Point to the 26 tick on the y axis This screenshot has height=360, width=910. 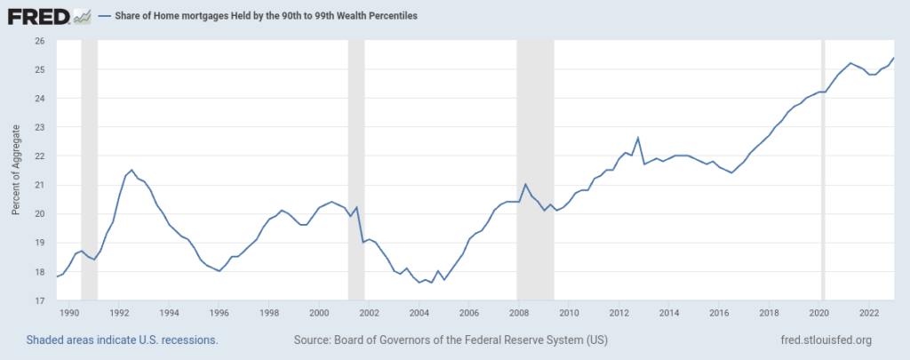point(39,41)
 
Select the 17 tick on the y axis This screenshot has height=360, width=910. point(39,300)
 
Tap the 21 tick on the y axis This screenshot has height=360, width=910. point(39,185)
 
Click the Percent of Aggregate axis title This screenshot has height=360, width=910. point(16,171)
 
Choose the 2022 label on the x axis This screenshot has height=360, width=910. point(869,313)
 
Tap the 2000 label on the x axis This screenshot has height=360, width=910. point(319,313)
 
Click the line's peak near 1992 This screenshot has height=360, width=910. point(132,170)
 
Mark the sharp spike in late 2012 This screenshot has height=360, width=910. point(638,138)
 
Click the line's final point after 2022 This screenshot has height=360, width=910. point(893,58)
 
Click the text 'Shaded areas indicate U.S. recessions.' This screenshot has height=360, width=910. point(123,340)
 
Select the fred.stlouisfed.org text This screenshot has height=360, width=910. point(824,340)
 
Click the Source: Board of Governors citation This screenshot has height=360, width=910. point(450,340)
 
